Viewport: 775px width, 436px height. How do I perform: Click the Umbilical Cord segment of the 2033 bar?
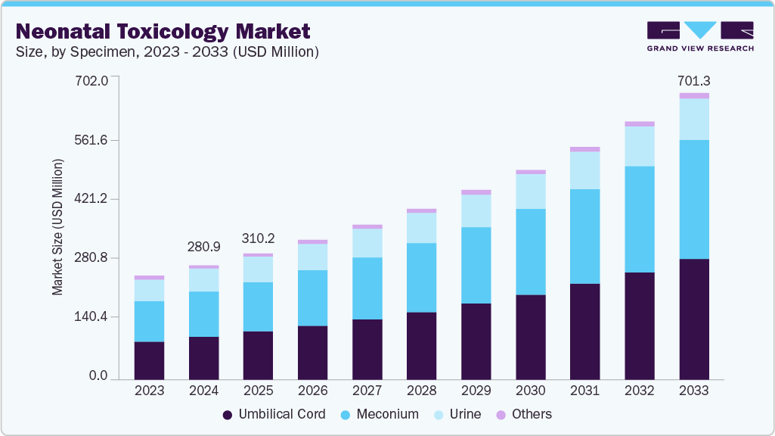coord(693,319)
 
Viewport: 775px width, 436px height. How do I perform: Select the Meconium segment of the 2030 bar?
coord(530,251)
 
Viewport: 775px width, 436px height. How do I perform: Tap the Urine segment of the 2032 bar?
coord(639,146)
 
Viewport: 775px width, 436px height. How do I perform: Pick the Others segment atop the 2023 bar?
coord(149,278)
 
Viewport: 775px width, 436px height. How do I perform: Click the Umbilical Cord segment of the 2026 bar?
coord(312,352)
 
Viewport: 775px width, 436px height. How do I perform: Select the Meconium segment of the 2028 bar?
coord(421,277)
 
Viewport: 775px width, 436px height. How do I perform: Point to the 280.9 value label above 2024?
coord(203,247)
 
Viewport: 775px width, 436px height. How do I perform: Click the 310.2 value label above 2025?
coord(258,238)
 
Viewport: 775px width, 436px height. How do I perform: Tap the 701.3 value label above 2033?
coord(693,81)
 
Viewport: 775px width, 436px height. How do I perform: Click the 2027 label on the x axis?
coord(367,391)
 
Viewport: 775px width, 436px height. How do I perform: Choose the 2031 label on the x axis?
coord(584,391)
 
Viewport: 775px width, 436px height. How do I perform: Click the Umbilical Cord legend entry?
coord(274,414)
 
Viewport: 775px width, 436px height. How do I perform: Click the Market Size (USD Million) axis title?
coord(57,227)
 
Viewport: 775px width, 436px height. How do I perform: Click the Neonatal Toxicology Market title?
coord(163,31)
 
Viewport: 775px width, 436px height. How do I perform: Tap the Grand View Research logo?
coord(699,36)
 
